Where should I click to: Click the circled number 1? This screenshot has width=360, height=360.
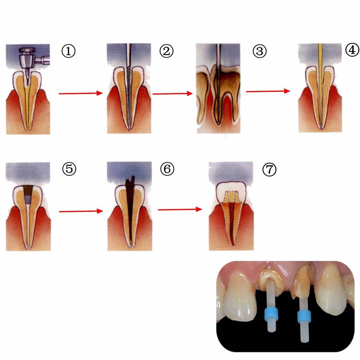click(x=68, y=51)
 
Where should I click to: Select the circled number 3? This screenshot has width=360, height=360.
click(x=260, y=51)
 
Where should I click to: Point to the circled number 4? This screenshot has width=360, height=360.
click(x=352, y=51)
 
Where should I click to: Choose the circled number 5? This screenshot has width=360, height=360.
click(x=69, y=169)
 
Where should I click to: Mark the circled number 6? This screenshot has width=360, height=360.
click(x=167, y=169)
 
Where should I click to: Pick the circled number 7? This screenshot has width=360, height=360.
click(x=269, y=169)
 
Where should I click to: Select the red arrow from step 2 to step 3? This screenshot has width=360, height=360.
click(x=171, y=94)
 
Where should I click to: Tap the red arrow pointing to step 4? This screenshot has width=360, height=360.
click(x=268, y=91)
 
